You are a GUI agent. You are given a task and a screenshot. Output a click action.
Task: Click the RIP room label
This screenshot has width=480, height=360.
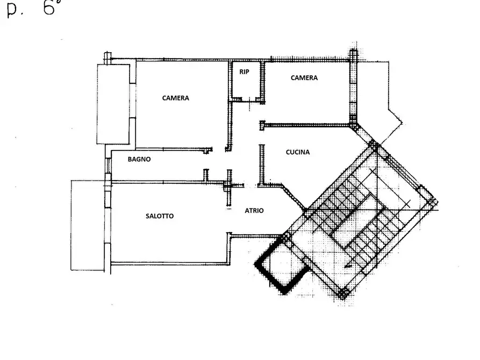(x=244, y=71)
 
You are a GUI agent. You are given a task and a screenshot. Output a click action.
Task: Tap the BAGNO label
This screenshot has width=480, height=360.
(x=139, y=159)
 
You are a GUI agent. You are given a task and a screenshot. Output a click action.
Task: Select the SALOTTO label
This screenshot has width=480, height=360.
(x=160, y=216)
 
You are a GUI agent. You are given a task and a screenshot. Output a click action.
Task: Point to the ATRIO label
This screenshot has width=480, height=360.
(x=254, y=211)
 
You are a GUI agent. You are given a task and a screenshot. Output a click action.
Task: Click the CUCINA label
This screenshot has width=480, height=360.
(x=298, y=152)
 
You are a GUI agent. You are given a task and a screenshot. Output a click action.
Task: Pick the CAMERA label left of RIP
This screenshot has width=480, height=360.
(x=175, y=98)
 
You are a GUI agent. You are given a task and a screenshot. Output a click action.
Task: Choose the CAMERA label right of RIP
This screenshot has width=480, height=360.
(x=304, y=78)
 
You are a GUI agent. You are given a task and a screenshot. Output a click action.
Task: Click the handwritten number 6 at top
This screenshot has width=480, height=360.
(x=49, y=7)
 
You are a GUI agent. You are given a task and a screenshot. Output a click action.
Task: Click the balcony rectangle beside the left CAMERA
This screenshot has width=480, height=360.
(x=113, y=104)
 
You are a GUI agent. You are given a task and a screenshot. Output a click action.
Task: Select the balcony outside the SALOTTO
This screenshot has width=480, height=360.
(x=88, y=225)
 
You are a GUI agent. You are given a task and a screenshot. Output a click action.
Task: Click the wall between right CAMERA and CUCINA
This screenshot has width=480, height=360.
(x=306, y=125)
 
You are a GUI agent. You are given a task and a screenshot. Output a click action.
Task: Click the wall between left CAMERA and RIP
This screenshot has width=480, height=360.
(x=230, y=106)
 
